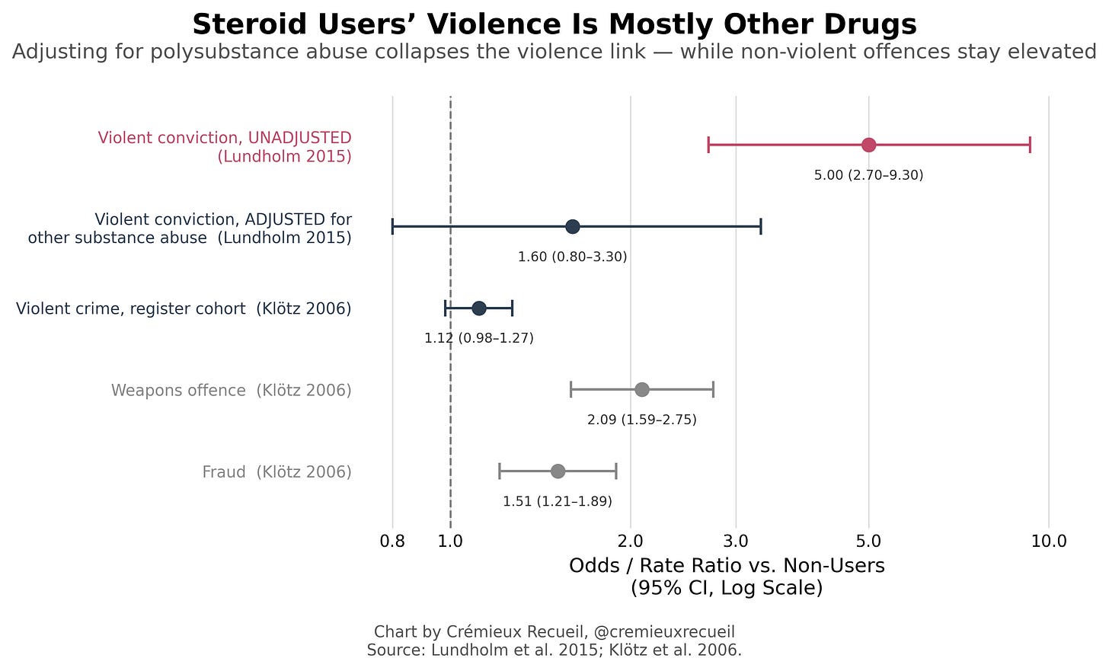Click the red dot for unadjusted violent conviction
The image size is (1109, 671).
tap(868, 145)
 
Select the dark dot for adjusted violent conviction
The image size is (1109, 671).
tap(572, 227)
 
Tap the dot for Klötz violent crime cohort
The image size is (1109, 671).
tap(479, 308)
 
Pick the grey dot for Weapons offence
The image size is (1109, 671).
tap(641, 390)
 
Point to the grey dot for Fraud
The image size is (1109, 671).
tap(558, 471)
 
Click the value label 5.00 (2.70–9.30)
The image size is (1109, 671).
tap(868, 175)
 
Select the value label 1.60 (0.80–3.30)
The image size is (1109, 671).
tap(572, 257)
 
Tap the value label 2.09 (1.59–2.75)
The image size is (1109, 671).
tap(641, 420)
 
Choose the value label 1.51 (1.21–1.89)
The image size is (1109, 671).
tap(558, 502)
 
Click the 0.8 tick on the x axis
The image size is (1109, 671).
tap(392, 542)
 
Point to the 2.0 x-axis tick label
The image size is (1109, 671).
tap(630, 542)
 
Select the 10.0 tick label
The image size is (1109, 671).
tap(1049, 542)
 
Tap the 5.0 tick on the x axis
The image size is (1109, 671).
tap(868, 542)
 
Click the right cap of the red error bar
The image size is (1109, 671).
tap(1030, 145)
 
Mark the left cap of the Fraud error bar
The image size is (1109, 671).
tap(500, 471)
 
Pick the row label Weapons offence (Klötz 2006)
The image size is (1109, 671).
tap(232, 390)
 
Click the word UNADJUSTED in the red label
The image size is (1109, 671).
tap(299, 138)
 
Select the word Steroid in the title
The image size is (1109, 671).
tap(250, 24)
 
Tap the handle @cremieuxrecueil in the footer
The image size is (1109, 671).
tap(664, 632)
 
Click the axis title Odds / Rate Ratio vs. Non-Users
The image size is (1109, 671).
tap(727, 566)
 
